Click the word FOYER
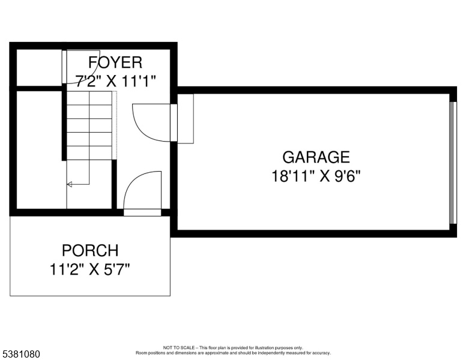115,62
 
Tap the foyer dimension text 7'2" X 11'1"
116,81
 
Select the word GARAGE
316,157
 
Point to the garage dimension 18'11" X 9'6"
316,176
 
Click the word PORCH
90,250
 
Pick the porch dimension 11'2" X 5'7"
89,270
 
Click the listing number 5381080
21,354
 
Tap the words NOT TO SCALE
179,347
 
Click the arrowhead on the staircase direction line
69,184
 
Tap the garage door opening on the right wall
452,163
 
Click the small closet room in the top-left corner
39,68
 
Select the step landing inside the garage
186,119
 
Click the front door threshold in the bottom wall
142,212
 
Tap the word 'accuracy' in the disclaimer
322,353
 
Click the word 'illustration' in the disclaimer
264,347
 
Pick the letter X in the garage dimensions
325,176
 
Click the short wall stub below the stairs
114,184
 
